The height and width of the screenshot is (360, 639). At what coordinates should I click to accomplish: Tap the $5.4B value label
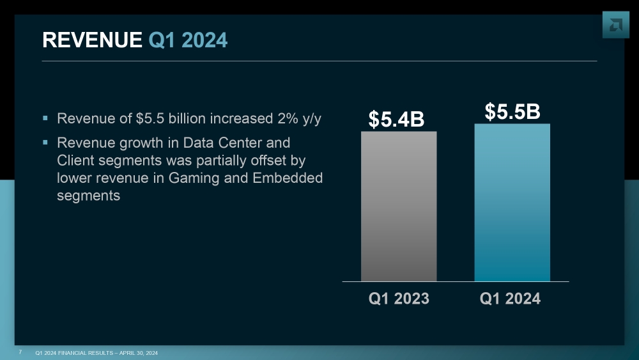396,119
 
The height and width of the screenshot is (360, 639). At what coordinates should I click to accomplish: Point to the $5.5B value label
512,111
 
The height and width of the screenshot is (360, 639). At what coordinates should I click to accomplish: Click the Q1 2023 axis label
399,299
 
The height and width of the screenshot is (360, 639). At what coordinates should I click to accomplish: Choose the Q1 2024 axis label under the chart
510,299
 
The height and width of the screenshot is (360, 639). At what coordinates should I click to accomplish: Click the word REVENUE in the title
92,40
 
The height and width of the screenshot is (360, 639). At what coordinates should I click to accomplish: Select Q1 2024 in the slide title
188,40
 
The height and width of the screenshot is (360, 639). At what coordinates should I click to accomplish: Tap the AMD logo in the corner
615,25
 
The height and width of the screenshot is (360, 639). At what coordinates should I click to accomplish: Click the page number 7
20,352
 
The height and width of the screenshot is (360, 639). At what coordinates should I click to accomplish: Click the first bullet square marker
45,118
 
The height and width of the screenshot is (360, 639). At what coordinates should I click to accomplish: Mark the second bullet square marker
45,142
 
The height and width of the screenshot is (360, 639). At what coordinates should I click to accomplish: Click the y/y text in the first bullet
309,120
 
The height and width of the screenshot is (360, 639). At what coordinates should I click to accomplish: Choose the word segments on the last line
88,196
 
